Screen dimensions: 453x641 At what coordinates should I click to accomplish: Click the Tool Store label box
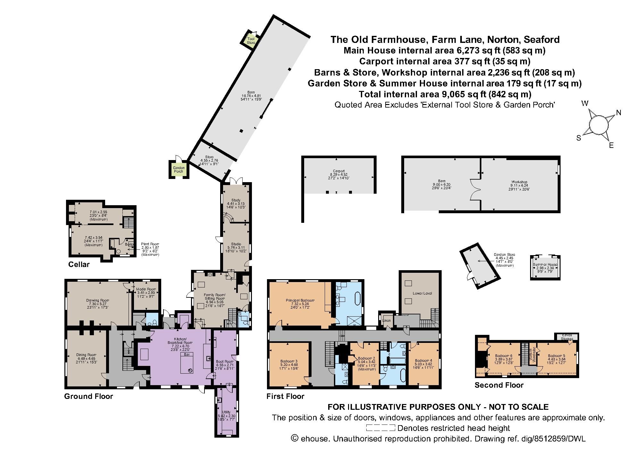tap(251, 41)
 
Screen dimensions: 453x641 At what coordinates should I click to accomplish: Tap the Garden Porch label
tap(179, 169)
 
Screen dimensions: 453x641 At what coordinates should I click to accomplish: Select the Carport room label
tap(339, 171)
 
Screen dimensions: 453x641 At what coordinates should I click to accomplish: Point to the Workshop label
tap(519, 182)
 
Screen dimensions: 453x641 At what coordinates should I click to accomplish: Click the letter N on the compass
tap(619, 113)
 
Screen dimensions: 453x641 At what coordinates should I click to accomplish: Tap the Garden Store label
tap(504, 255)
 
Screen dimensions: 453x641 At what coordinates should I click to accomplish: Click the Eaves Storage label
tap(567, 336)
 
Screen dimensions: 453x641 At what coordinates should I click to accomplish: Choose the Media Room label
tap(146, 289)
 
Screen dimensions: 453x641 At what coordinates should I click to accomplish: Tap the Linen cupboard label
tap(387, 320)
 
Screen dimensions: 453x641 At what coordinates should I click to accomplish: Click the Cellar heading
tap(79, 264)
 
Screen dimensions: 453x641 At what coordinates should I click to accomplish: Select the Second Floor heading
tap(499, 385)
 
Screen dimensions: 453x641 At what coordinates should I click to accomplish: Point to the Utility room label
tap(226, 412)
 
